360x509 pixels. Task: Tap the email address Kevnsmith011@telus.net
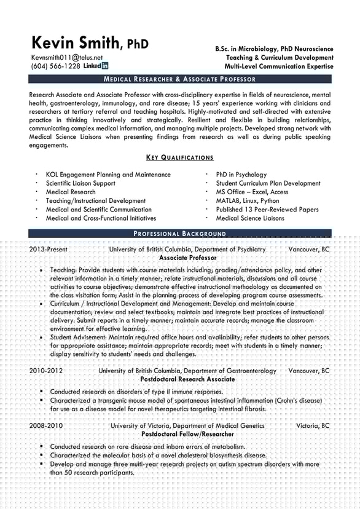pyautogui.click(x=68, y=57)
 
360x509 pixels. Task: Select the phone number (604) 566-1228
pyautogui.click(x=55, y=66)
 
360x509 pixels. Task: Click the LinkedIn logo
pyautogui.click(x=96, y=66)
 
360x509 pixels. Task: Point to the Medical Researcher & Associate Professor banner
pyautogui.click(x=179, y=79)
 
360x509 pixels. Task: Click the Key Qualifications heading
pyautogui.click(x=179, y=157)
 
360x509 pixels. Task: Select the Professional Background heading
pyautogui.click(x=179, y=234)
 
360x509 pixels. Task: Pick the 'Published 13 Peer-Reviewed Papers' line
pyautogui.click(x=267, y=209)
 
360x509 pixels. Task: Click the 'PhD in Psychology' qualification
pyautogui.click(x=241, y=175)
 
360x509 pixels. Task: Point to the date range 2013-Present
pyautogui.click(x=49, y=250)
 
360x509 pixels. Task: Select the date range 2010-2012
pyautogui.click(x=46, y=371)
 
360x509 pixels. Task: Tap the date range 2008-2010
pyautogui.click(x=46, y=425)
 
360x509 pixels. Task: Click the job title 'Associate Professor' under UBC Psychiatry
pyautogui.click(x=187, y=258)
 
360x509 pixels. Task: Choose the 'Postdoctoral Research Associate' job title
pyautogui.click(x=187, y=379)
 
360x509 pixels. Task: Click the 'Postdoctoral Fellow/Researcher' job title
pyautogui.click(x=187, y=433)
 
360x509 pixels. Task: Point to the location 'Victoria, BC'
pyautogui.click(x=313, y=425)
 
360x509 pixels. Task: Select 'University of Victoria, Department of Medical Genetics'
pyautogui.click(x=187, y=425)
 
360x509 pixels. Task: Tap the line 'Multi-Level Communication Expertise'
pyautogui.click(x=279, y=66)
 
